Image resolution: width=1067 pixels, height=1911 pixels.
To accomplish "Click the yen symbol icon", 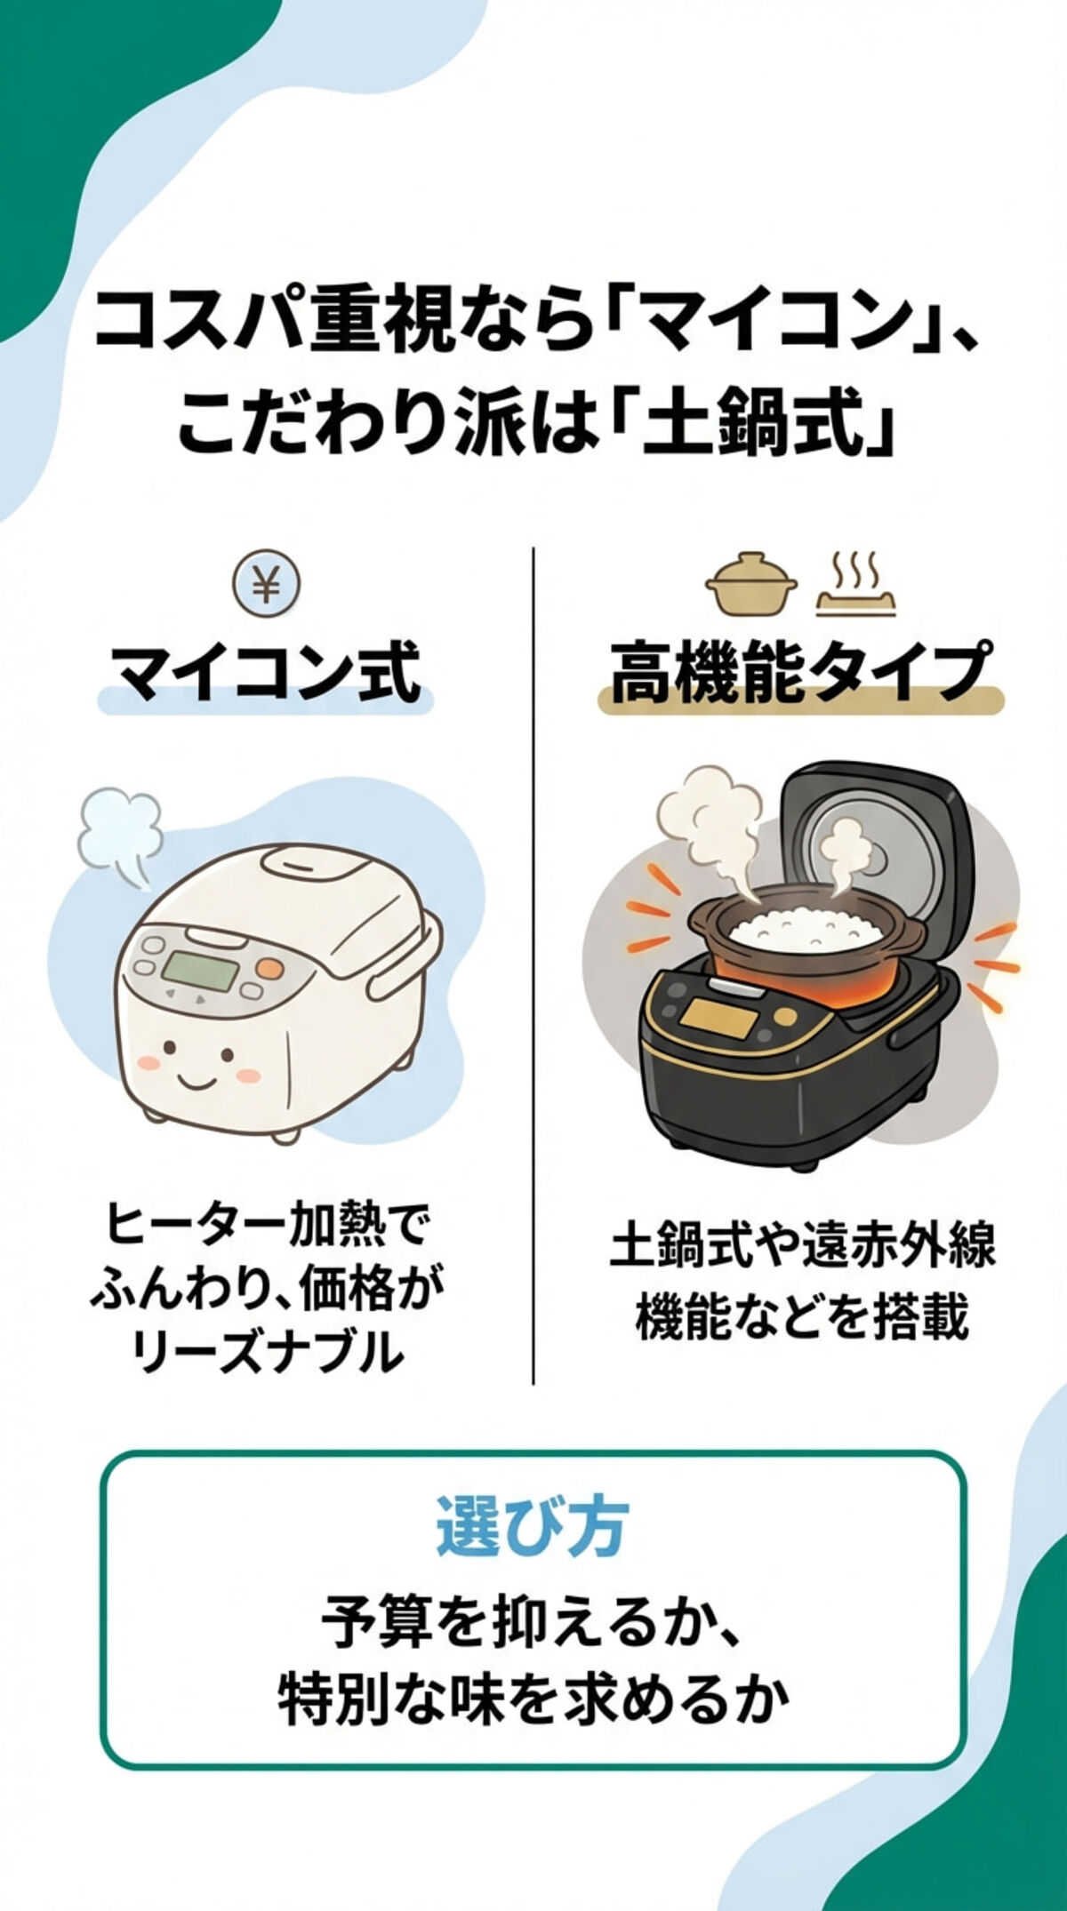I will click(x=267, y=586).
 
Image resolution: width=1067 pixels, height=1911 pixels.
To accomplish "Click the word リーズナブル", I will click(x=267, y=1355).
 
